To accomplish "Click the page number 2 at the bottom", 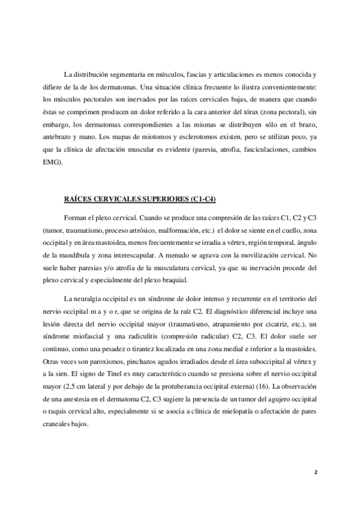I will [x=316, y=471].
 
